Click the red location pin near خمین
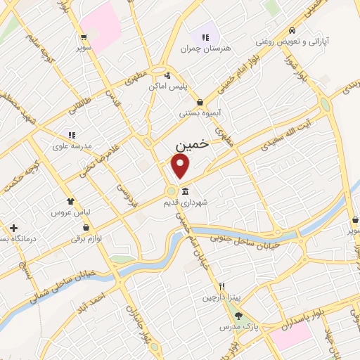pos(181,166)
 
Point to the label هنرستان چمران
pos(206,49)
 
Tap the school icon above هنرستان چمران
pos(206,37)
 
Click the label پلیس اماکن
pos(166,86)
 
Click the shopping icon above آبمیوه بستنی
pos(201,102)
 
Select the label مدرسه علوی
pos(70,146)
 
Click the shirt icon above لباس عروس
pos(70,200)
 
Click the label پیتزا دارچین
pos(221,297)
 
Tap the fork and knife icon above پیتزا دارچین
pos(221,287)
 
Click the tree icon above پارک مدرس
pos(238,316)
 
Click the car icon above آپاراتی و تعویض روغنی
pos(292,31)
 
